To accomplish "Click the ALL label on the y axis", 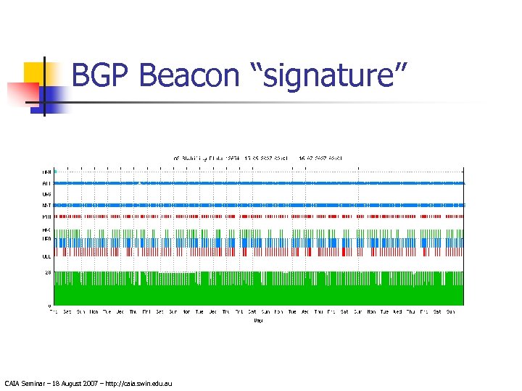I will [x=46, y=183].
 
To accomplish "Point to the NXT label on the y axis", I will [x=46, y=206].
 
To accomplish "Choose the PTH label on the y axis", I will [x=46, y=216].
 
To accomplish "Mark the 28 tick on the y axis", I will [x=48, y=272].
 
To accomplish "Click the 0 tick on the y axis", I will [x=49, y=306].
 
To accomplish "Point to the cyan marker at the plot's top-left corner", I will [x=55, y=171].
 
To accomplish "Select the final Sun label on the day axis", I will [x=450, y=311].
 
